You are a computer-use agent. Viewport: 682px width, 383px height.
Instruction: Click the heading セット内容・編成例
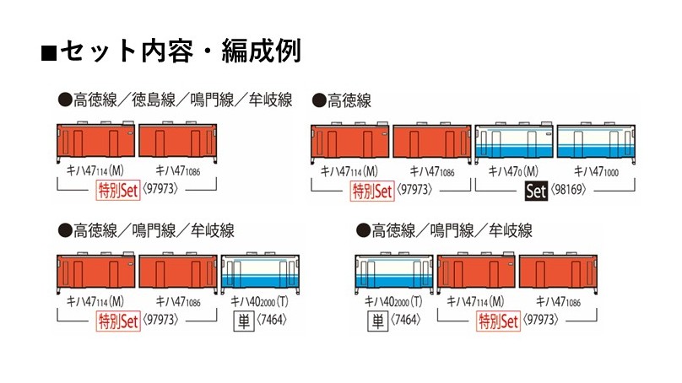click(180, 51)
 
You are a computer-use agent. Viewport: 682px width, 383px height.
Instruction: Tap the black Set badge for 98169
click(536, 191)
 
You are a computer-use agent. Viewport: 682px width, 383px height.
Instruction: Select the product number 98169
click(568, 190)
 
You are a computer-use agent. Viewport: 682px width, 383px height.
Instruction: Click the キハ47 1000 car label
click(596, 172)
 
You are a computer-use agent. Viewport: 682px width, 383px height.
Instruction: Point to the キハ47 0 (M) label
click(513, 171)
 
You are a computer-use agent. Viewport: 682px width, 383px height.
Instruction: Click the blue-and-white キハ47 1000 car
click(596, 141)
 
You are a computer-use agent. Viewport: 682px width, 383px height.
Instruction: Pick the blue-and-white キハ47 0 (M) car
click(514, 141)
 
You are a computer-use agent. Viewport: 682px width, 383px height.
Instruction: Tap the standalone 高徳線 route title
click(349, 100)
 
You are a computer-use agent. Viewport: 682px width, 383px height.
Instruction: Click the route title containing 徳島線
click(182, 100)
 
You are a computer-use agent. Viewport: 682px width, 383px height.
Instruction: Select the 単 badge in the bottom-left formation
click(244, 321)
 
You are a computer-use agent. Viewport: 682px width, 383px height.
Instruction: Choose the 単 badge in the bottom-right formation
click(377, 321)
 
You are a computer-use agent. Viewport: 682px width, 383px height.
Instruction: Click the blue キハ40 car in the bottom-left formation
click(260, 272)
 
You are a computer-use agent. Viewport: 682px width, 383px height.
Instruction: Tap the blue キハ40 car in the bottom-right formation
click(394, 272)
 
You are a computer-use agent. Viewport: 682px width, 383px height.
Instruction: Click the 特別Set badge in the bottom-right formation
click(498, 321)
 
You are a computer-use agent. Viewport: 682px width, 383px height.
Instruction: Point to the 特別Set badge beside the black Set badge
click(372, 191)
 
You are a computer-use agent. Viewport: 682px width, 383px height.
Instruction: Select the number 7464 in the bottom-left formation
click(272, 320)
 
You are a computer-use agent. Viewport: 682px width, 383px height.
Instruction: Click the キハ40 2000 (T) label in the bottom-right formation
click(393, 301)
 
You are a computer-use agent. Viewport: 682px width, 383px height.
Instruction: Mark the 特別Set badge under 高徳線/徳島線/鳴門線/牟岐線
click(118, 190)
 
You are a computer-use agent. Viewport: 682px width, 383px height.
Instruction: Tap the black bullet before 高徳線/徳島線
click(65, 100)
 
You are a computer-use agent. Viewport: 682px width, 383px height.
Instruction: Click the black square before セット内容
click(49, 52)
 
